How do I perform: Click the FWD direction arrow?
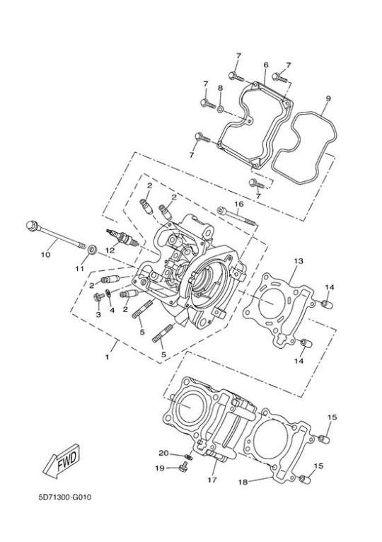click(x=62, y=461)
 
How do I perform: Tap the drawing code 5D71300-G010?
click(x=65, y=497)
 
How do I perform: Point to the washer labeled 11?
click(x=92, y=250)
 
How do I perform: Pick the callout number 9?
click(x=328, y=98)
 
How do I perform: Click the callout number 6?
click(x=266, y=65)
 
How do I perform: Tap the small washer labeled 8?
click(x=220, y=110)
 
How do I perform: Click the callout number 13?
click(x=299, y=260)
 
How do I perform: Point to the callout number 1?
click(x=107, y=357)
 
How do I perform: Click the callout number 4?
click(x=112, y=311)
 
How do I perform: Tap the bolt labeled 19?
click(x=183, y=468)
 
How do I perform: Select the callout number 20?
click(x=163, y=453)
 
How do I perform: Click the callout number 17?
click(x=212, y=480)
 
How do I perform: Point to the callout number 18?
click(x=243, y=482)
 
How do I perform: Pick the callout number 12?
click(x=110, y=250)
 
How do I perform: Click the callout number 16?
click(x=239, y=204)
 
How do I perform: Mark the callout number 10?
click(x=45, y=255)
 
